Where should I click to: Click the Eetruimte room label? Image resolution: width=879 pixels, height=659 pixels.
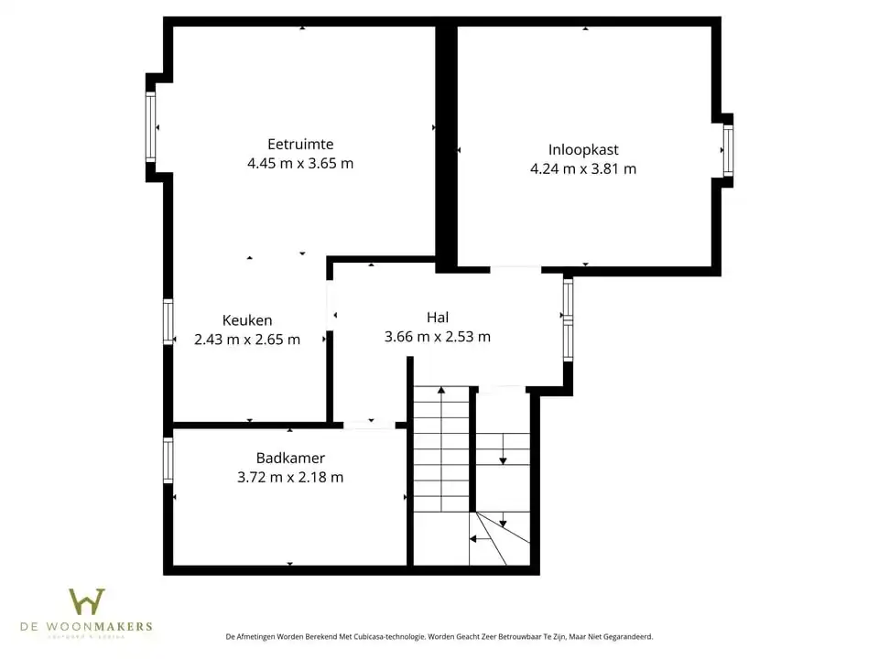pyautogui.click(x=299, y=144)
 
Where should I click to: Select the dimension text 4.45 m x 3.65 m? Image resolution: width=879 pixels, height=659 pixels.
pyautogui.click(x=299, y=164)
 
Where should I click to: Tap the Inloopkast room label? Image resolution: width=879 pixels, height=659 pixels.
pyautogui.click(x=583, y=149)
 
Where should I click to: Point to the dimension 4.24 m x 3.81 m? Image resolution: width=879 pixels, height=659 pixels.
pyautogui.click(x=583, y=168)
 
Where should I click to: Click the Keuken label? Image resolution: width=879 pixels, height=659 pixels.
pyautogui.click(x=247, y=320)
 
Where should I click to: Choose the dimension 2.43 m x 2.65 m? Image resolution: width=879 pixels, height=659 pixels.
pyautogui.click(x=247, y=340)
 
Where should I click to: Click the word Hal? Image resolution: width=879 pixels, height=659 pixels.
pyautogui.click(x=438, y=318)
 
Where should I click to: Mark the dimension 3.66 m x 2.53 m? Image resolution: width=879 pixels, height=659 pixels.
pyautogui.click(x=438, y=337)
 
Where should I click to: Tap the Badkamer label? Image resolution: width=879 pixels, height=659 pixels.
pyautogui.click(x=290, y=458)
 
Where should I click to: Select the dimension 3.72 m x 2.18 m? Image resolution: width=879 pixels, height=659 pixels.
pyautogui.click(x=290, y=477)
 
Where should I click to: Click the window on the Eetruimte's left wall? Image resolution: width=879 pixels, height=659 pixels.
pyautogui.click(x=151, y=127)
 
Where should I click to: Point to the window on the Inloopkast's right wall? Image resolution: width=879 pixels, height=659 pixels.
pyautogui.click(x=728, y=150)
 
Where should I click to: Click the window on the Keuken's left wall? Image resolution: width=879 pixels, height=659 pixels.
pyautogui.click(x=168, y=322)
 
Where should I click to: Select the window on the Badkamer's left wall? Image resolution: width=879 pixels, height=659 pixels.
pyautogui.click(x=168, y=460)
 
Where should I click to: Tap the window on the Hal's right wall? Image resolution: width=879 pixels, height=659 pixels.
pyautogui.click(x=568, y=319)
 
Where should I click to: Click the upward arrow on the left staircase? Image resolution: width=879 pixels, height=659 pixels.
pyautogui.click(x=441, y=392)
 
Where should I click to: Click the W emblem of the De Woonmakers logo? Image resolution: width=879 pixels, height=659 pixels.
pyautogui.click(x=87, y=601)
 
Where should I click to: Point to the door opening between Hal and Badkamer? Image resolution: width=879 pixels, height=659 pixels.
pyautogui.click(x=369, y=425)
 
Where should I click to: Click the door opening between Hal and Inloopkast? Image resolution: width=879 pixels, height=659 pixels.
pyautogui.click(x=515, y=270)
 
